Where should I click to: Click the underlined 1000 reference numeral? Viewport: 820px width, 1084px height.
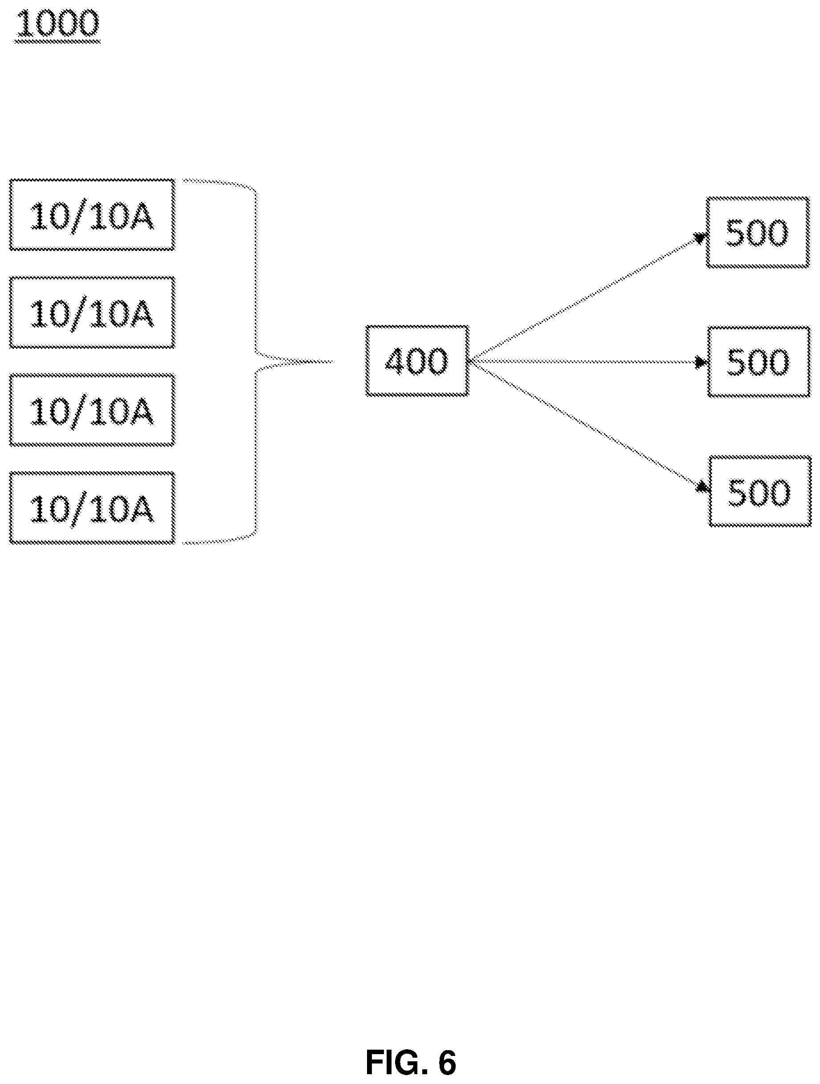pos(57,24)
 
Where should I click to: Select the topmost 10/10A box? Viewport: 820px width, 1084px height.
pos(92,215)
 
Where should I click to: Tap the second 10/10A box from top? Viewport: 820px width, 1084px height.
pos(92,312)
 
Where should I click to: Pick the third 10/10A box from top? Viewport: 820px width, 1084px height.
pos(92,410)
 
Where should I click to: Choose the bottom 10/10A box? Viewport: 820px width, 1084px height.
pos(92,508)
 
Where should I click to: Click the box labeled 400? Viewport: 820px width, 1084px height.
pos(417,361)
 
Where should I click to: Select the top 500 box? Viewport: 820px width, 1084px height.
pos(757,232)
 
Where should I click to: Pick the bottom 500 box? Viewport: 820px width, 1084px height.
pos(760,492)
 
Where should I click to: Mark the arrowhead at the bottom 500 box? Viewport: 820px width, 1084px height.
pos(703,487)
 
